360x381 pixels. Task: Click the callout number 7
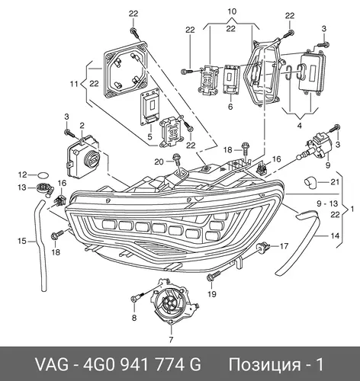[x=171, y=339]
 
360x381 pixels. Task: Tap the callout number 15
[x=22, y=241]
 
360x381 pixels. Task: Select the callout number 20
[x=159, y=162]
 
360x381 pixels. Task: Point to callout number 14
[x=335, y=236]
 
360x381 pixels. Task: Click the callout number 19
[x=212, y=294]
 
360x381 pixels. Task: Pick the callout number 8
[x=134, y=318]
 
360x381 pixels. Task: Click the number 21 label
[x=335, y=182]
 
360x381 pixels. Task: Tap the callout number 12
[x=22, y=174]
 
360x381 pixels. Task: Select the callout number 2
[x=82, y=125]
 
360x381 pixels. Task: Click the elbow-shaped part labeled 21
[x=310, y=184]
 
